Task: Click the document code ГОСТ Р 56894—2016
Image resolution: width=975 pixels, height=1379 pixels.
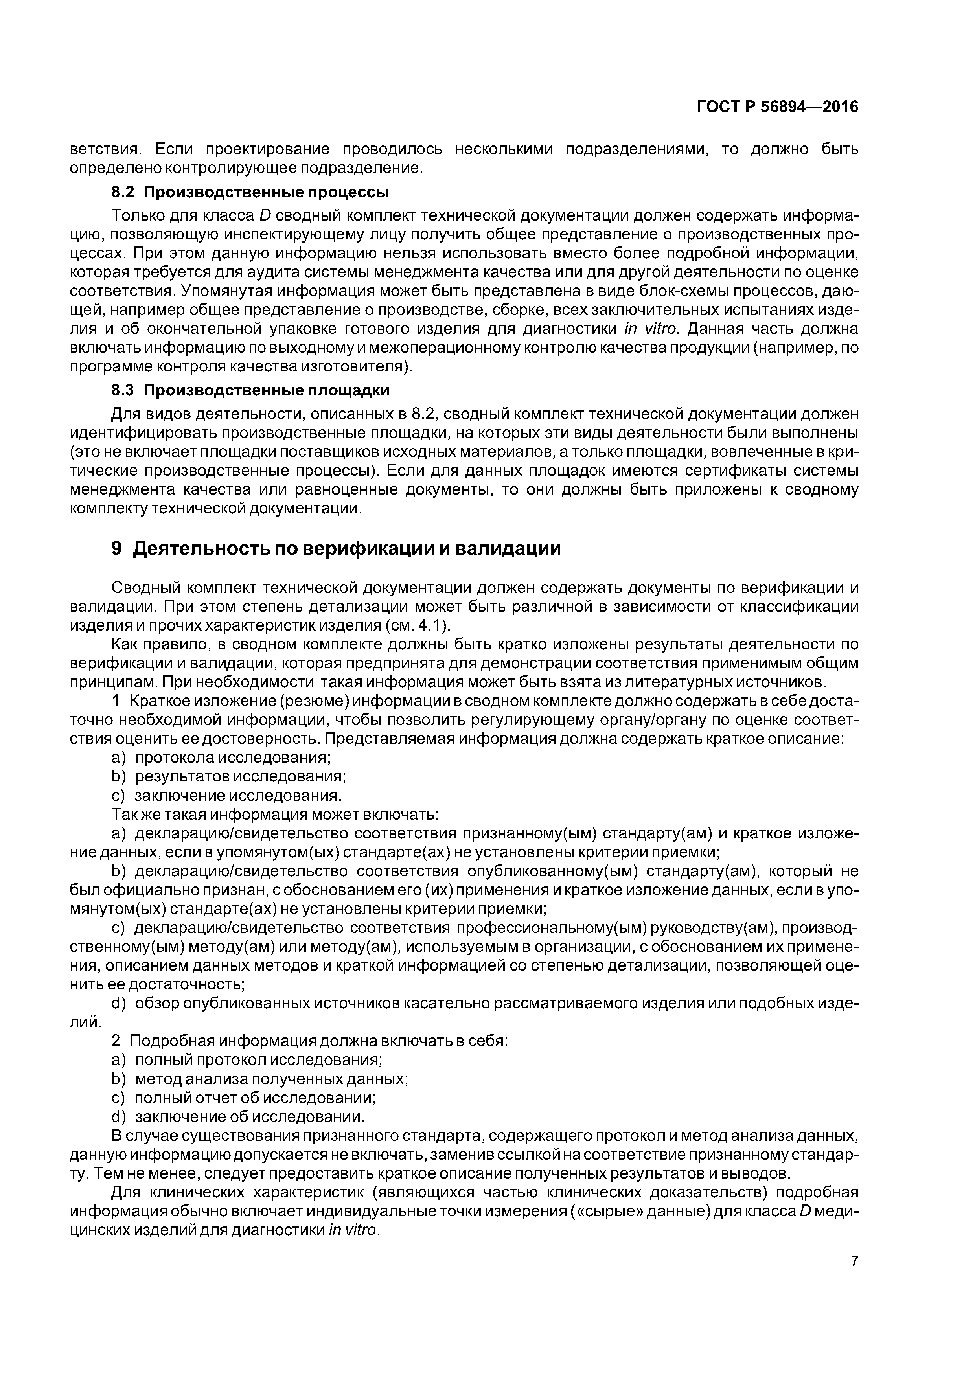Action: click(777, 107)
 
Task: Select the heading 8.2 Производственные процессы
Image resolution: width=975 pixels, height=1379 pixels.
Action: click(250, 192)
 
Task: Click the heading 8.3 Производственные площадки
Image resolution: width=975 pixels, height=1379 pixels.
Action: click(250, 390)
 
